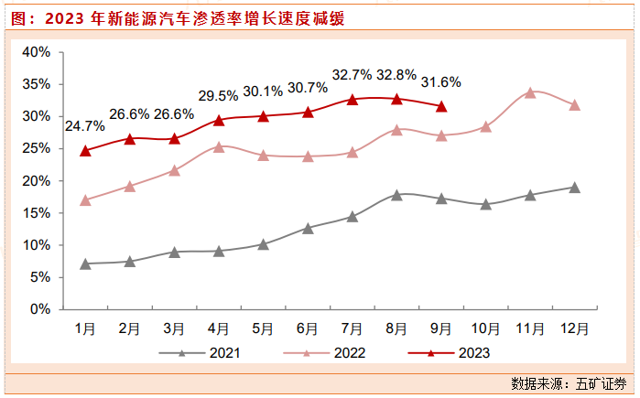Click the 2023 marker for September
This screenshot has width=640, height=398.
(441, 106)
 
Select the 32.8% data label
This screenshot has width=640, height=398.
(396, 75)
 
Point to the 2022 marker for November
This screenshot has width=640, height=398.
(530, 92)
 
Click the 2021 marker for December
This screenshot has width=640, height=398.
(574, 187)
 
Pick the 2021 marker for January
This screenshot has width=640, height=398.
(85, 264)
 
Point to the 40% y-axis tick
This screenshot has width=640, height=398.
(37, 52)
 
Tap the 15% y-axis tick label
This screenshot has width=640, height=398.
(37, 213)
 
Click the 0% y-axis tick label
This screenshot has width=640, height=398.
(40, 309)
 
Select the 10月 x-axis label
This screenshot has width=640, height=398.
(485, 327)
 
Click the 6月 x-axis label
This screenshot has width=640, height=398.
(308, 327)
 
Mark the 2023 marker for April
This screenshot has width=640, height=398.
(219, 120)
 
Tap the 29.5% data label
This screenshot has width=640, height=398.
(219, 95)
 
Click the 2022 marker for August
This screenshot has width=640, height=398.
(396, 130)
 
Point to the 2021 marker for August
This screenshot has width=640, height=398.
(396, 194)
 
